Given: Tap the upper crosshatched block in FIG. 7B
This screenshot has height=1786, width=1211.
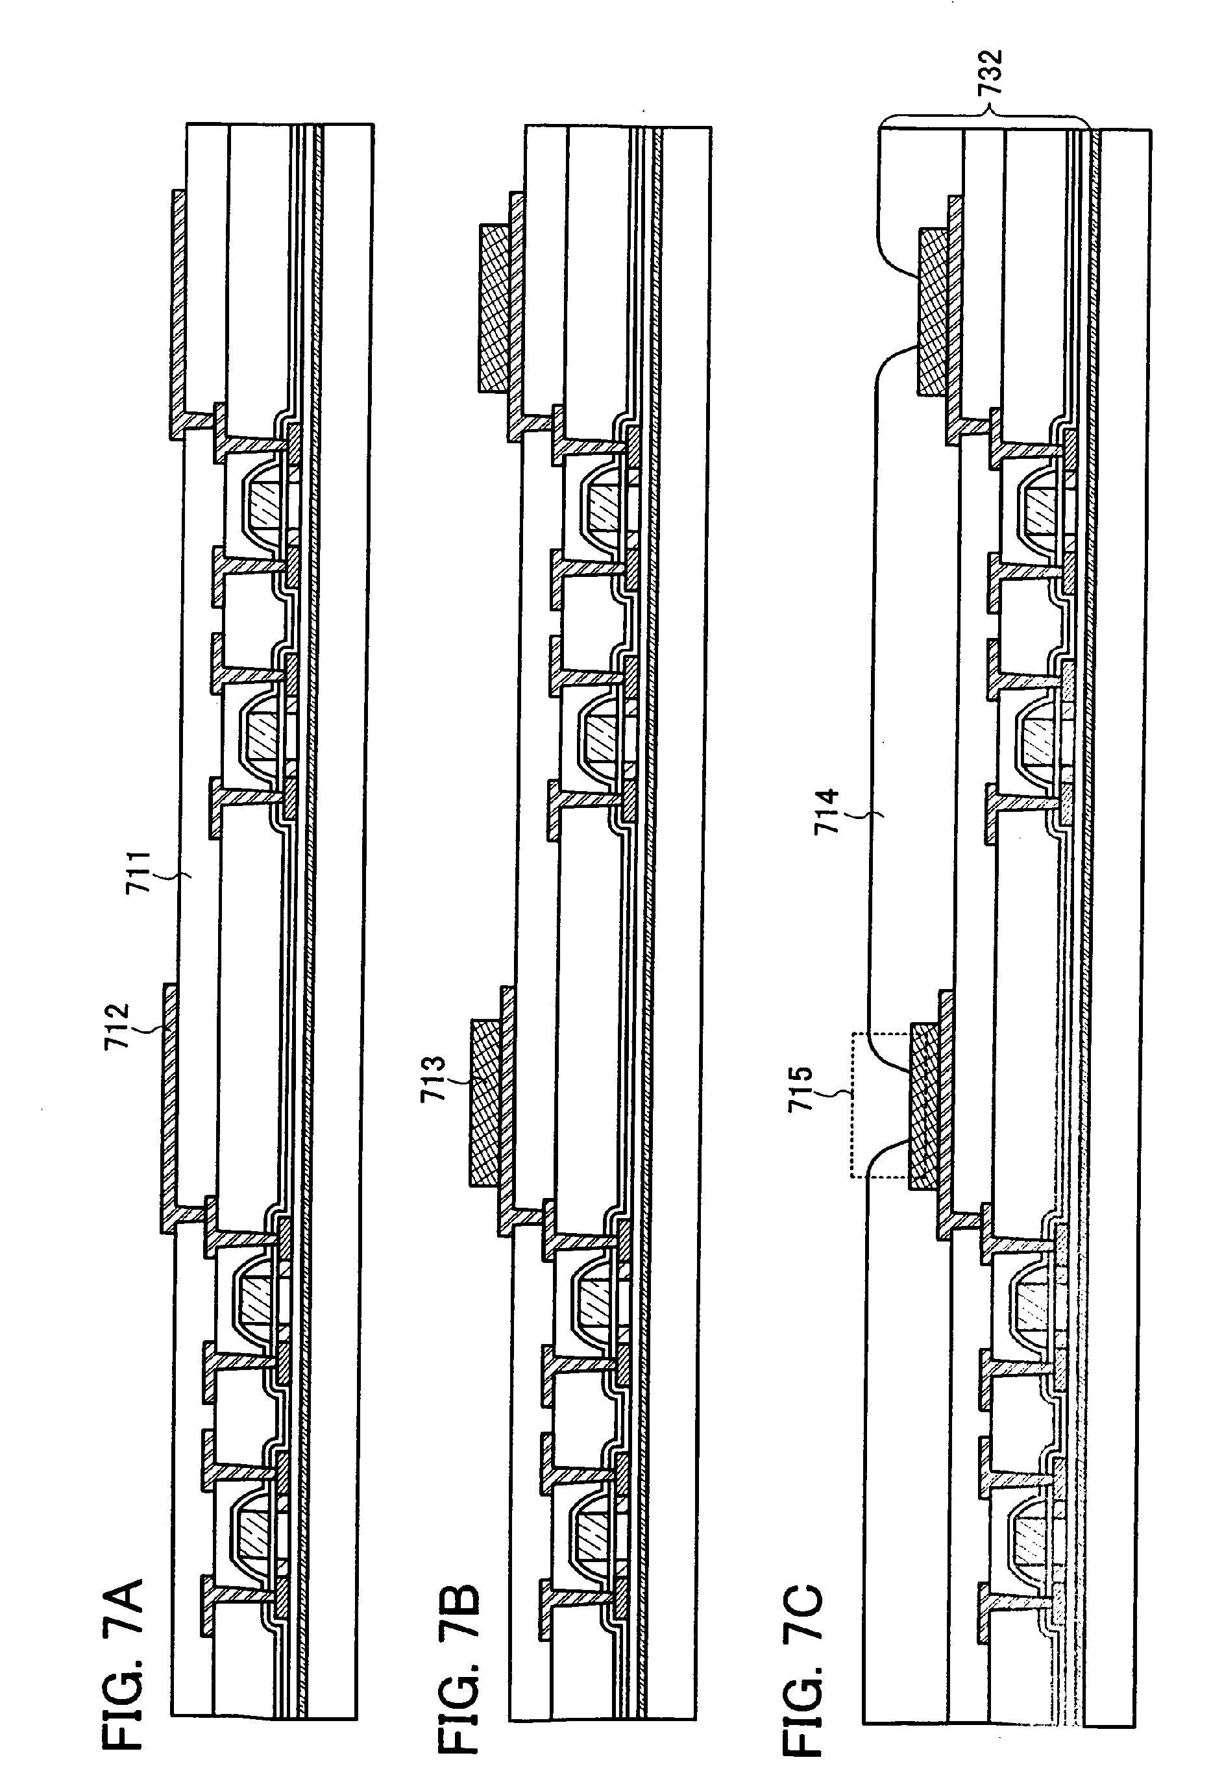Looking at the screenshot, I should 493,308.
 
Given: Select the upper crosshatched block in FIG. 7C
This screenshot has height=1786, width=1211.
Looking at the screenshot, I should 931,312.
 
